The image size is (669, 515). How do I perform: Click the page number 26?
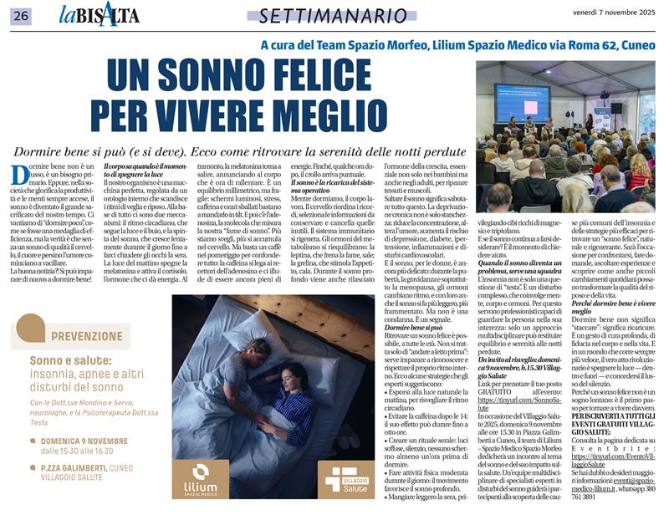21,15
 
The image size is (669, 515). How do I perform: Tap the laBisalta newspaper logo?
100,14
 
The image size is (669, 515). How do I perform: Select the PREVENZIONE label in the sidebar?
85,336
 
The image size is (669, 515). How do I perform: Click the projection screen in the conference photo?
522,100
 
